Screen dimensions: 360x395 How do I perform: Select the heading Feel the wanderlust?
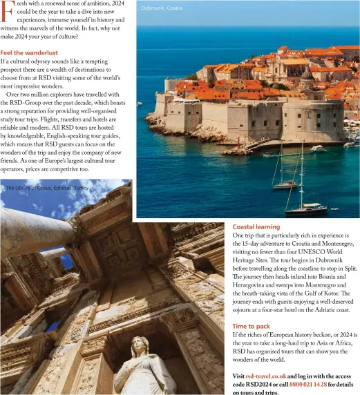click(29, 52)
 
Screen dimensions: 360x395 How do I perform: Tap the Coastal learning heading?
click(256, 227)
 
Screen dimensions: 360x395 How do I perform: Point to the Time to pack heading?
click(251, 326)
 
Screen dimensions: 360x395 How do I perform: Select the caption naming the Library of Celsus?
click(47, 188)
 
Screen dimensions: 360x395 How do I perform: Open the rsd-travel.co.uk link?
click(266, 376)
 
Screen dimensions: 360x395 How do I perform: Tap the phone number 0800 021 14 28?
click(310, 385)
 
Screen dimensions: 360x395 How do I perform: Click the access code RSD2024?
click(251, 385)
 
